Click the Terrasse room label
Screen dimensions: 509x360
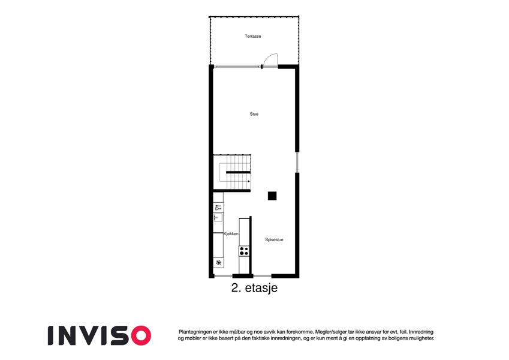(x=253, y=36)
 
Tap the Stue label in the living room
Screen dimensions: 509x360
(x=254, y=114)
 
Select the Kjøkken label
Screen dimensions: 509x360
(x=231, y=234)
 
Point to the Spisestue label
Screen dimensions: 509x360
(x=275, y=240)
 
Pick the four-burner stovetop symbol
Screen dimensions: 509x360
(x=244, y=251)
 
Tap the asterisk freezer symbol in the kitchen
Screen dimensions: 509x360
(x=219, y=263)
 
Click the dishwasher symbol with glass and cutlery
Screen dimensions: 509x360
(x=218, y=208)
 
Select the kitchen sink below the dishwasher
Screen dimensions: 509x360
(x=218, y=218)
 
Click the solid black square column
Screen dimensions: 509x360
(x=272, y=196)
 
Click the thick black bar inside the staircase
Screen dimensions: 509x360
(x=238, y=172)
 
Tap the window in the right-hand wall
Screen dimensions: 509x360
(x=297, y=163)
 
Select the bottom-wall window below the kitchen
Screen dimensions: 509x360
(x=224, y=276)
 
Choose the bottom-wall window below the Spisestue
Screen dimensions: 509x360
(x=262, y=276)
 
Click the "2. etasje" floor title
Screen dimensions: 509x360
(x=254, y=288)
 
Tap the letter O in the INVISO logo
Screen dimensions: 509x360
(x=141, y=335)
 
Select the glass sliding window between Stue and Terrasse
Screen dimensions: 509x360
(x=238, y=67)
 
